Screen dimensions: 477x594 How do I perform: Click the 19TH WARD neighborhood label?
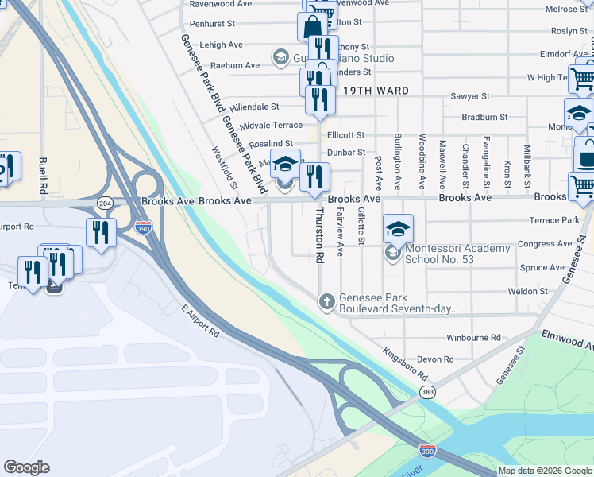[376, 91]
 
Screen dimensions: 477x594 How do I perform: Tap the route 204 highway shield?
[105, 204]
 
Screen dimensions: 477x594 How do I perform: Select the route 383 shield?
[428, 392]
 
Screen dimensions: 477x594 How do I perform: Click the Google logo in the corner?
[26, 467]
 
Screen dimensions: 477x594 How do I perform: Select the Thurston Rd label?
[321, 236]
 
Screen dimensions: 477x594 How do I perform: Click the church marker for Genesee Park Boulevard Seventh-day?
[326, 301]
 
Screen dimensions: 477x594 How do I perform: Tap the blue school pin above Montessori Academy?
[398, 229]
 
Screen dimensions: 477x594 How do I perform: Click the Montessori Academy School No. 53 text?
[457, 254]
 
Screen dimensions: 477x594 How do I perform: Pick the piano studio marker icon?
[280, 57]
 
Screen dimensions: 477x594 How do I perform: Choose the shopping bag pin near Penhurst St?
[312, 25]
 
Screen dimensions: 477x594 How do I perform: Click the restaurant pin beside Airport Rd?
[101, 233]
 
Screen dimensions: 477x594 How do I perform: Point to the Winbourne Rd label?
[474, 338]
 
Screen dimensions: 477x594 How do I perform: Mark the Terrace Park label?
[559, 219]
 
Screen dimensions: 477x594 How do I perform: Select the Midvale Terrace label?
[271, 126]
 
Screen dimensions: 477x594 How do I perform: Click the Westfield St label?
[225, 169]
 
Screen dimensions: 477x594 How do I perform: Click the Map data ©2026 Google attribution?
[546, 471]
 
